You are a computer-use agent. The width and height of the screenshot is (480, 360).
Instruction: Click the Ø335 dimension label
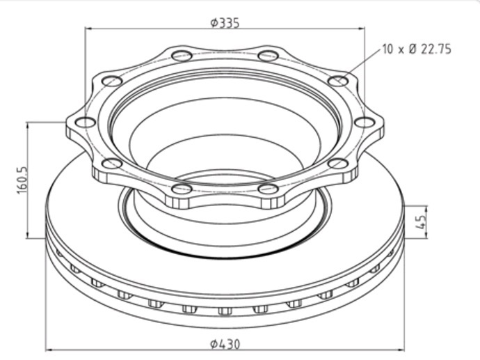click(x=225, y=23)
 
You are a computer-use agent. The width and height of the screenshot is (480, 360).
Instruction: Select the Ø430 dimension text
click(x=225, y=344)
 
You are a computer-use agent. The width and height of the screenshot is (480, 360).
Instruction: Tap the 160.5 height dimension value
click(x=22, y=180)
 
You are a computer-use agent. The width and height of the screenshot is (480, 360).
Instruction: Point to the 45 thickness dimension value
click(x=422, y=222)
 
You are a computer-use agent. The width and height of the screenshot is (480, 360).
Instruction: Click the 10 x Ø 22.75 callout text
click(x=417, y=49)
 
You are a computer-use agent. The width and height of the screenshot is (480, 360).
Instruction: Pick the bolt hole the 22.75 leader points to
click(x=338, y=81)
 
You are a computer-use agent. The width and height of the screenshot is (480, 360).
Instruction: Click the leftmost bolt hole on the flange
click(x=86, y=123)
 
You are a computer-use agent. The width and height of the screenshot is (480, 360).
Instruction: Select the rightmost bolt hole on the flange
click(x=365, y=123)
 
